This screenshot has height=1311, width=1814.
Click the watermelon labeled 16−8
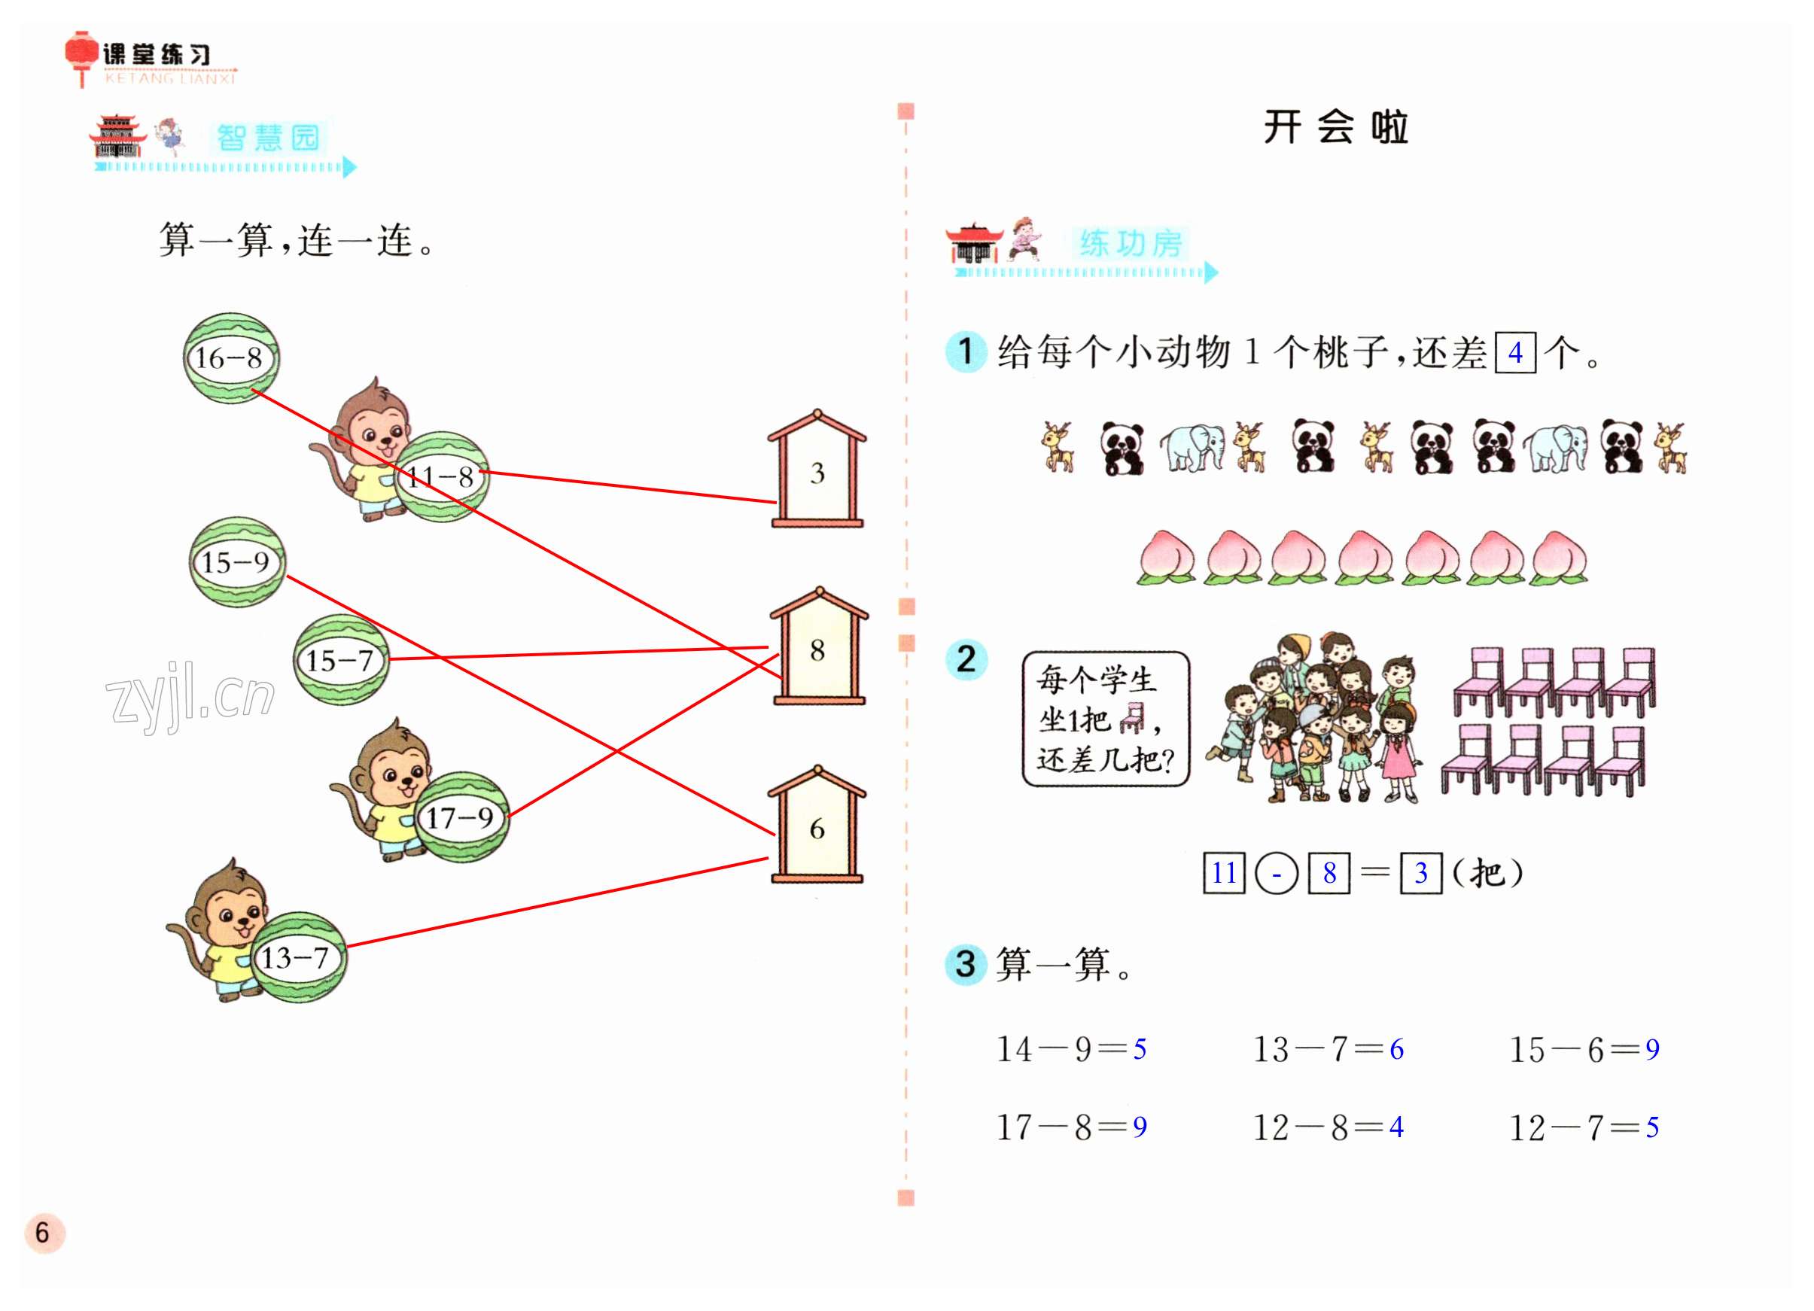coord(231,357)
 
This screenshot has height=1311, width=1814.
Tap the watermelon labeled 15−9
coord(237,561)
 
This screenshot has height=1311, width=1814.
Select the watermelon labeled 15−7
coord(341,660)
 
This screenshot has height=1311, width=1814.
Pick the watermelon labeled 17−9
coord(461,817)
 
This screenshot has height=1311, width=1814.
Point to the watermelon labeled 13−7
coord(298,957)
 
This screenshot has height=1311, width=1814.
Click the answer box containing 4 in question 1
coord(1515,352)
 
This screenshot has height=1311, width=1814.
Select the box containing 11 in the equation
coord(1224,871)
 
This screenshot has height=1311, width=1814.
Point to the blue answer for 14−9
coord(1140,1048)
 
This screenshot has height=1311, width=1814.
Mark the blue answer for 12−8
coord(1396,1127)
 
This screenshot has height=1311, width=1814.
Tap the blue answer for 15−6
coord(1651,1048)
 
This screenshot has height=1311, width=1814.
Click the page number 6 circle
coord(44,1233)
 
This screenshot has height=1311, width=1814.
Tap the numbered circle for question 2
coord(966,659)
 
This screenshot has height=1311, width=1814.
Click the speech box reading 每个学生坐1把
coord(1106,718)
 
